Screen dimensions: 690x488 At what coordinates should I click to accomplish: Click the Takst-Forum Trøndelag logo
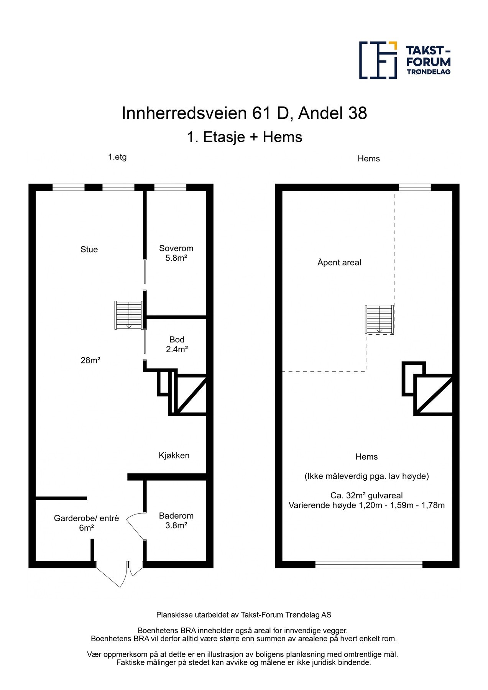pos(404,60)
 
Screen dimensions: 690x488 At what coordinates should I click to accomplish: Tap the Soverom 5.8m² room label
pos(176,253)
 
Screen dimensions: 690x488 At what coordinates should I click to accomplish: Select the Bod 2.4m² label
pos(177,344)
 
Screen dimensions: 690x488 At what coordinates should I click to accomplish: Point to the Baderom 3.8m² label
pos(176,520)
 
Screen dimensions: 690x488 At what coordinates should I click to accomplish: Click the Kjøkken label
pos(174,455)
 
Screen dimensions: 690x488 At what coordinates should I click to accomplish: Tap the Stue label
pos(89,250)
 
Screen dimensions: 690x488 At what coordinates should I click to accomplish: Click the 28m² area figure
pos(90,360)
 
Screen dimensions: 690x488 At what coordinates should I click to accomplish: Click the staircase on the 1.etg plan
pos(129,315)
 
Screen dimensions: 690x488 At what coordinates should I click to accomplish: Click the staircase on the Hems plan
pos(379,319)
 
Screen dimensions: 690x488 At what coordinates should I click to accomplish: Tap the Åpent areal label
pos(339,263)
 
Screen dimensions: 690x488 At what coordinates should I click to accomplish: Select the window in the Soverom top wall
pos(170,187)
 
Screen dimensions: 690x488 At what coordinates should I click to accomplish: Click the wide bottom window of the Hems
pos(369,564)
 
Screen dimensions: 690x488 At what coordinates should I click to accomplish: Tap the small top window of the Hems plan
pos(415,187)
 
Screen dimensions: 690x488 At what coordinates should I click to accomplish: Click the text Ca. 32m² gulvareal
pos(366,495)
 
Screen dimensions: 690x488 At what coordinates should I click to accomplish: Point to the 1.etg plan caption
pos(117,157)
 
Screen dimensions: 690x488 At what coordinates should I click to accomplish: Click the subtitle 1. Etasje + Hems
pos(244,137)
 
